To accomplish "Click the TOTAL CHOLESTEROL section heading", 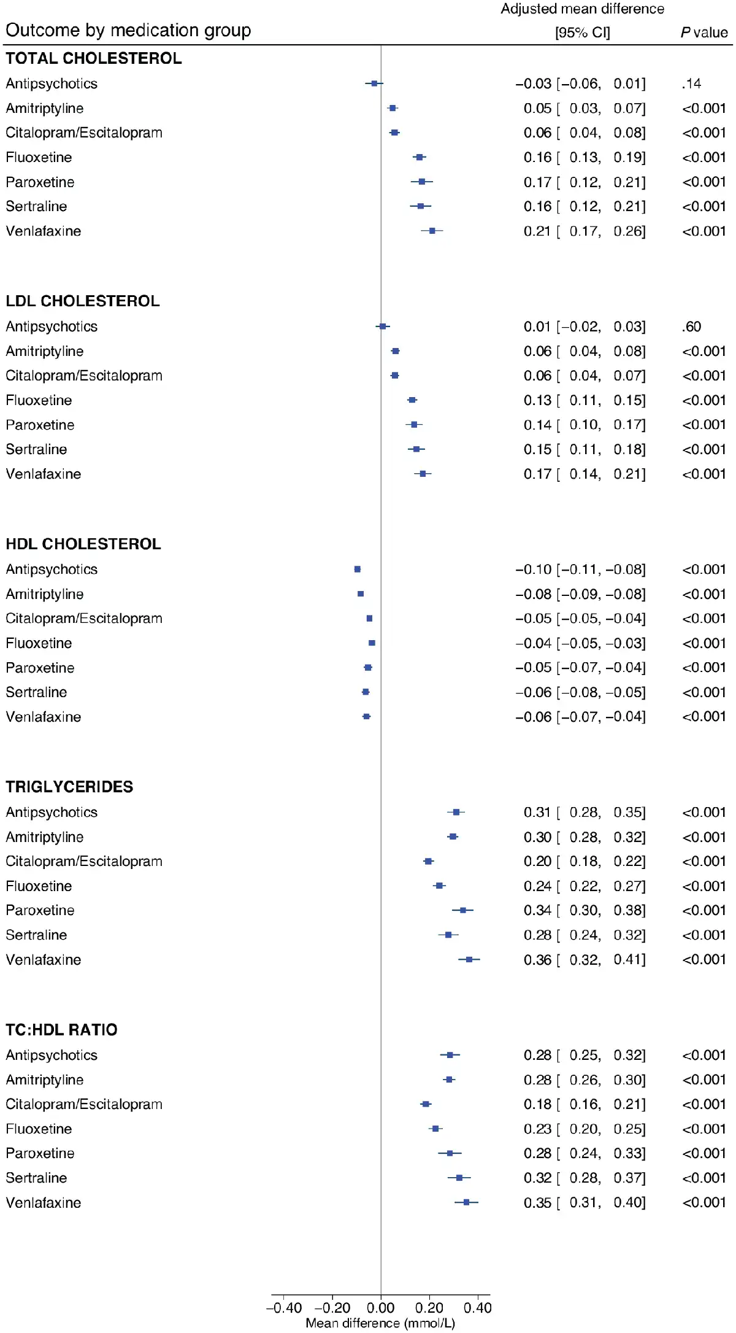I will click(x=94, y=58).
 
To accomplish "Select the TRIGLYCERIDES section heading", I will click(x=69, y=787).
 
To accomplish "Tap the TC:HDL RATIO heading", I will click(x=61, y=1030).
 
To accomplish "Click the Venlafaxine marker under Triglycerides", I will click(x=469, y=959).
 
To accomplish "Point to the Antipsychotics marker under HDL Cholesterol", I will click(x=358, y=570).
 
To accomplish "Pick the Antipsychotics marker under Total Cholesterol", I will click(x=374, y=83).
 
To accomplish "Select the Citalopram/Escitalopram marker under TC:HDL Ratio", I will click(x=426, y=1104).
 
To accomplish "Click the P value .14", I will click(x=691, y=83).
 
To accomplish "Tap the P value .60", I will click(x=691, y=326).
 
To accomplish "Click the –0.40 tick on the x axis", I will click(x=284, y=1307).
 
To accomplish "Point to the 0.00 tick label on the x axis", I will click(x=381, y=1307).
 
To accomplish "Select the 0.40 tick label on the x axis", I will click(x=477, y=1307).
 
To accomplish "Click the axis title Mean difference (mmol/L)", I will click(x=380, y=1323).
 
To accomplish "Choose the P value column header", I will click(x=704, y=33).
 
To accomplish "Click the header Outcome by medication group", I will click(x=128, y=30).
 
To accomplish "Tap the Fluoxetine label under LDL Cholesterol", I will click(x=39, y=400).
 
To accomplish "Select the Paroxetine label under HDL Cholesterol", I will click(x=40, y=668).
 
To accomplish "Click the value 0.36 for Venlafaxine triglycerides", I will click(x=537, y=960).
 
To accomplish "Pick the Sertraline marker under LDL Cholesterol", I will click(x=416, y=449).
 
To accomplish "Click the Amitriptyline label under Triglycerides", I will click(x=45, y=837).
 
